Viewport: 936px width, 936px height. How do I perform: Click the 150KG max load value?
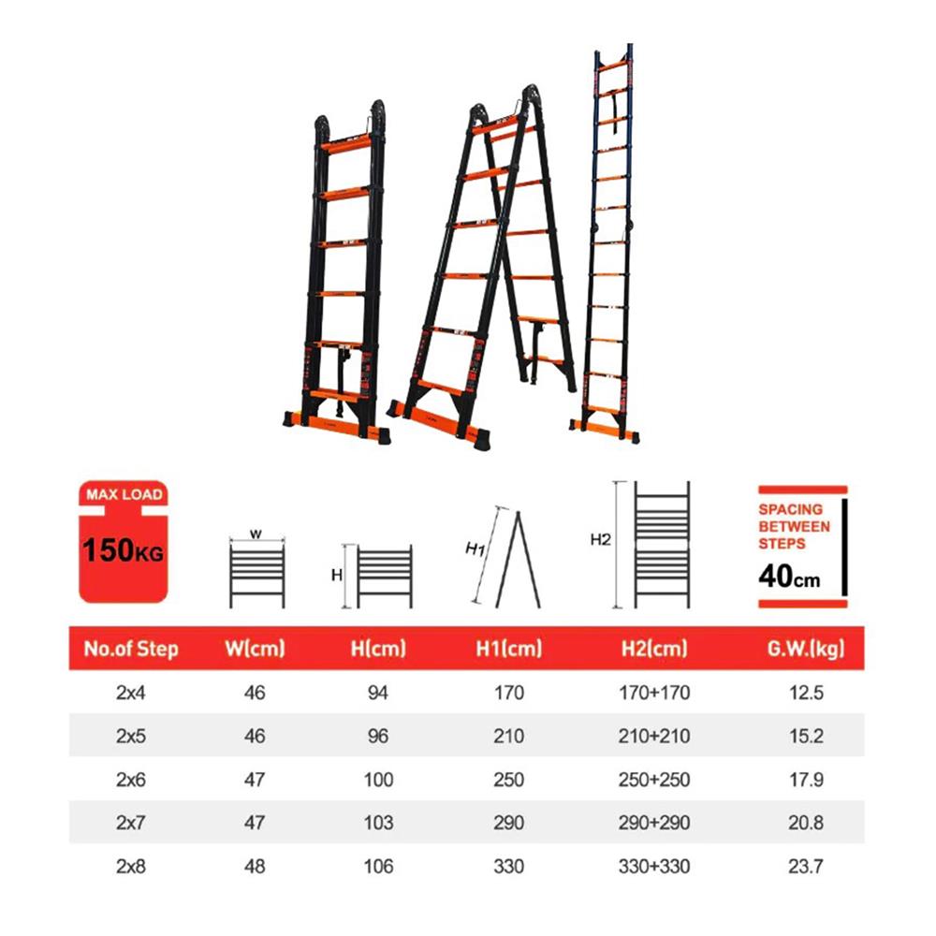click(x=123, y=548)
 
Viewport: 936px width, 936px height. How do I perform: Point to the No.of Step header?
click(x=131, y=648)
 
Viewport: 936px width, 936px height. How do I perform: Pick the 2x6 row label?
click(x=132, y=779)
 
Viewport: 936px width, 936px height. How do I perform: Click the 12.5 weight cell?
click(x=806, y=693)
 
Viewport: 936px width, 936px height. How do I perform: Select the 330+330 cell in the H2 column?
click(x=654, y=866)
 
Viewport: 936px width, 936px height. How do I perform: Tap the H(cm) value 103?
click(x=378, y=823)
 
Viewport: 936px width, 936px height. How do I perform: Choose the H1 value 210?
click(x=508, y=736)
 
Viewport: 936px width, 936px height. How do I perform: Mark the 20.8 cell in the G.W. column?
click(x=806, y=823)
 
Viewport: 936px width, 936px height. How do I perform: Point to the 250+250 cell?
click(x=654, y=779)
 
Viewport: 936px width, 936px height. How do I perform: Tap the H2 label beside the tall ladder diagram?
click(x=600, y=539)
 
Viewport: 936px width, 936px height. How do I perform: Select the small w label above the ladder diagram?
click(x=254, y=534)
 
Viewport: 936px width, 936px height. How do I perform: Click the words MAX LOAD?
click(x=124, y=493)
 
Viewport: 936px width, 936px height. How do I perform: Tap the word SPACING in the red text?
click(x=791, y=509)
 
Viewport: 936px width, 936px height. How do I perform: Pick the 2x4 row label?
click(x=132, y=693)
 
